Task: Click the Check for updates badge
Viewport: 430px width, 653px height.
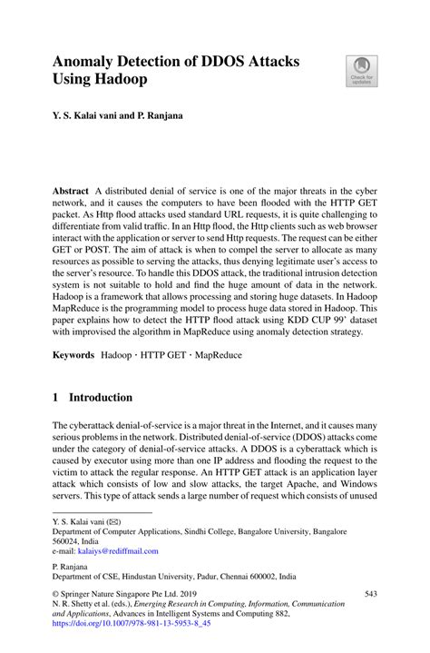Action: click(361, 72)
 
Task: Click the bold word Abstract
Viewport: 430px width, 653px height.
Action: click(71, 192)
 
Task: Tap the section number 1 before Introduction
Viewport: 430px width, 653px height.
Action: click(56, 398)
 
